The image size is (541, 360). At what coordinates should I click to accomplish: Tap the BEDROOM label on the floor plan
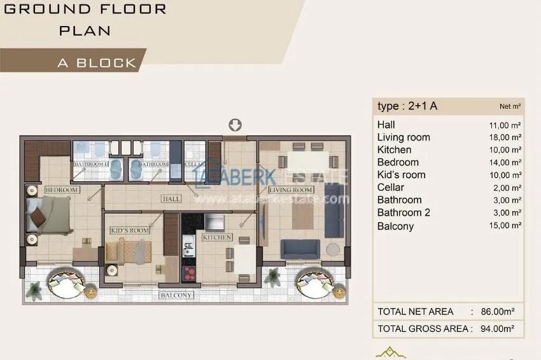click(62, 190)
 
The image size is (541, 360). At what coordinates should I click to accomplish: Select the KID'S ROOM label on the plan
click(129, 230)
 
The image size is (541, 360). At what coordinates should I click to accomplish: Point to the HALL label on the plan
click(171, 198)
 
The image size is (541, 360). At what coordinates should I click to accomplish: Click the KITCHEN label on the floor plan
click(217, 237)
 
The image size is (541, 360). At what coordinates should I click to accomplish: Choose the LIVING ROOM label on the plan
click(290, 190)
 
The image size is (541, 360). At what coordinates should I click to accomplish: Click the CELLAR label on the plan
click(194, 164)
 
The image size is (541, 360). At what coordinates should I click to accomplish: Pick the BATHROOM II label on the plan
click(92, 164)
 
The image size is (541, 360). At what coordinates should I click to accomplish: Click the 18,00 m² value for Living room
click(505, 137)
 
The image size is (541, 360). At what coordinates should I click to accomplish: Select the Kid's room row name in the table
click(401, 175)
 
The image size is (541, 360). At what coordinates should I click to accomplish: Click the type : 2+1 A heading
click(407, 106)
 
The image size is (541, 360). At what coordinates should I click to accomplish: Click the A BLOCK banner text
click(97, 63)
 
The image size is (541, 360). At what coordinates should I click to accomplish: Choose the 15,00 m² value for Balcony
click(505, 226)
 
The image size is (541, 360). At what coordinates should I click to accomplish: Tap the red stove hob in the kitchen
click(190, 273)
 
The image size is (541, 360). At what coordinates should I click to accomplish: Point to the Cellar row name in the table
click(390, 188)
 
